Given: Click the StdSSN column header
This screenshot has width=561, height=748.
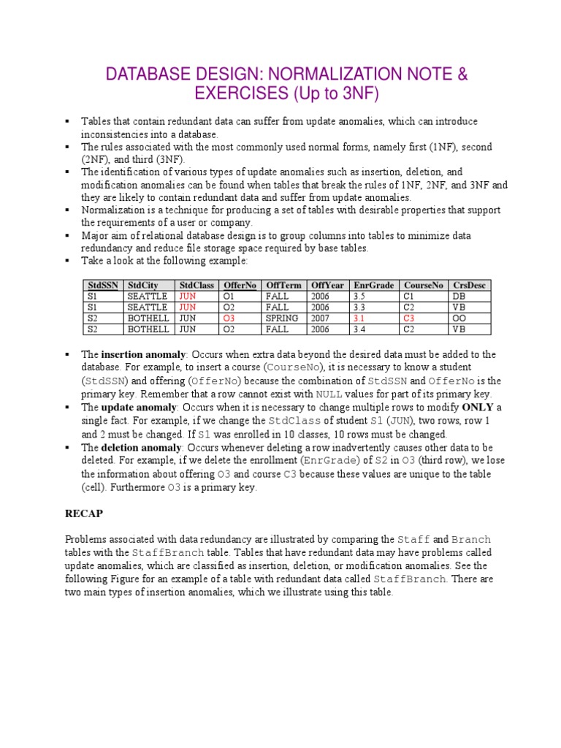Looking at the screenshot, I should [102, 285].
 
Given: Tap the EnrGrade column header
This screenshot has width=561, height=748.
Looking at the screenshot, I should [373, 285].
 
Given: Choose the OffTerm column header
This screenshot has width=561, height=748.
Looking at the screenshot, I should [283, 285].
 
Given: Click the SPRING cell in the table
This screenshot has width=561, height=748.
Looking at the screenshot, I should [281, 318].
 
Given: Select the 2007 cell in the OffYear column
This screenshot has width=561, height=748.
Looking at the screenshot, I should [321, 318].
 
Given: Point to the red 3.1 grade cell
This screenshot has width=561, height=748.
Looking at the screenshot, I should [359, 318].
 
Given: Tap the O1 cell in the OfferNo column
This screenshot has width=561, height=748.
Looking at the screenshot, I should [229, 297].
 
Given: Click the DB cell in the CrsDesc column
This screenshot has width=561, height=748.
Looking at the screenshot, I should [459, 297].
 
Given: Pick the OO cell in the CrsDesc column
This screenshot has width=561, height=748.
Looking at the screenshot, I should [459, 318].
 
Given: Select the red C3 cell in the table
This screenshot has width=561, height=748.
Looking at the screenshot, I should [409, 318].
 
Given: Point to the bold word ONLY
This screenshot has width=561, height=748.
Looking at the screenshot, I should [478, 407].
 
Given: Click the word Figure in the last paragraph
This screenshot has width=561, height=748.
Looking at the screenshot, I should [128, 579].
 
